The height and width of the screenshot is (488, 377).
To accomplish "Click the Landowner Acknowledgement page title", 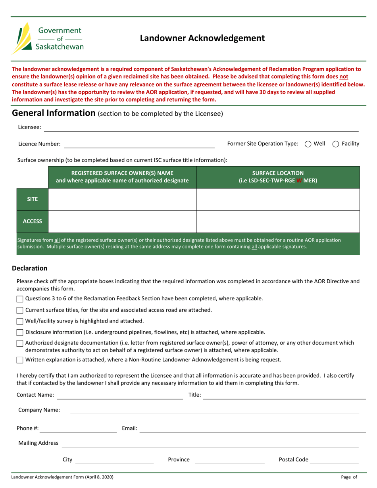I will tap(202, 38).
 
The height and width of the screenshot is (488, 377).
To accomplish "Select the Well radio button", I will tap(308, 144).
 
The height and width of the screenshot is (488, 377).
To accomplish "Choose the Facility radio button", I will tap(335, 144).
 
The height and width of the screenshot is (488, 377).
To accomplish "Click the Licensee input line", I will tap(201, 127).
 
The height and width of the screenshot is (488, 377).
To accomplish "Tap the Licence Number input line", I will tap(139, 144).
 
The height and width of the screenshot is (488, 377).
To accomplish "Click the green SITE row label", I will tap(32, 199).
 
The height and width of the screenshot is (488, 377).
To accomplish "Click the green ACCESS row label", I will tap(32, 221).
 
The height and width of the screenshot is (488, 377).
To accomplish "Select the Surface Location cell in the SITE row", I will tap(278, 199).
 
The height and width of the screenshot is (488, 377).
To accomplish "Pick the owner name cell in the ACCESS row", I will tap(122, 221).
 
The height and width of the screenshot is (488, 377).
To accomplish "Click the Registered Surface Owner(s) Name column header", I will tap(122, 177).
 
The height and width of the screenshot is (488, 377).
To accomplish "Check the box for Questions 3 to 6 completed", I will tap(20, 299).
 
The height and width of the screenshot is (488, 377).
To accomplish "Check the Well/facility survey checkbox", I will tap(20, 321).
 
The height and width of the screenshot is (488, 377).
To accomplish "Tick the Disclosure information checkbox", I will tap(20, 332).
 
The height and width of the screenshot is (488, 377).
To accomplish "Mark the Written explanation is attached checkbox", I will tap(20, 360).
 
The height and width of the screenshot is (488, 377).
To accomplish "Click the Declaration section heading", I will tap(30, 268).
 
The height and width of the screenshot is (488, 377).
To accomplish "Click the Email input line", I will tap(253, 428).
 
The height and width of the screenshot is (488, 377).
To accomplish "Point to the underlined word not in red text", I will tap(343, 76).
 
